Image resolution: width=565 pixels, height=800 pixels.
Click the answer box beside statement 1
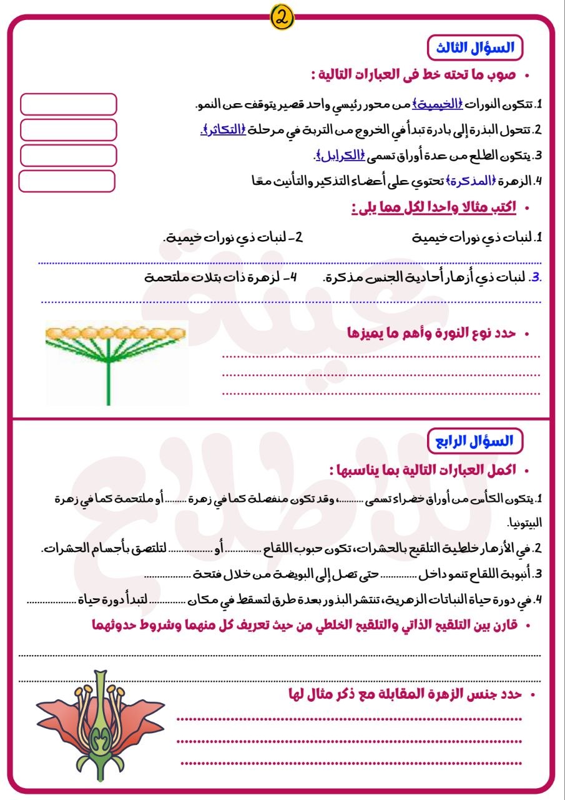pyautogui.click(x=69, y=104)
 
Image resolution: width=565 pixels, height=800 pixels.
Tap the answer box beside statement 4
pyautogui.click(x=67, y=181)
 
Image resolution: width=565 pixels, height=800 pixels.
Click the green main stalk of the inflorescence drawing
pyautogui.click(x=109, y=381)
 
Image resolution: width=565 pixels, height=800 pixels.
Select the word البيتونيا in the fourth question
pyautogui.click(x=525, y=521)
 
